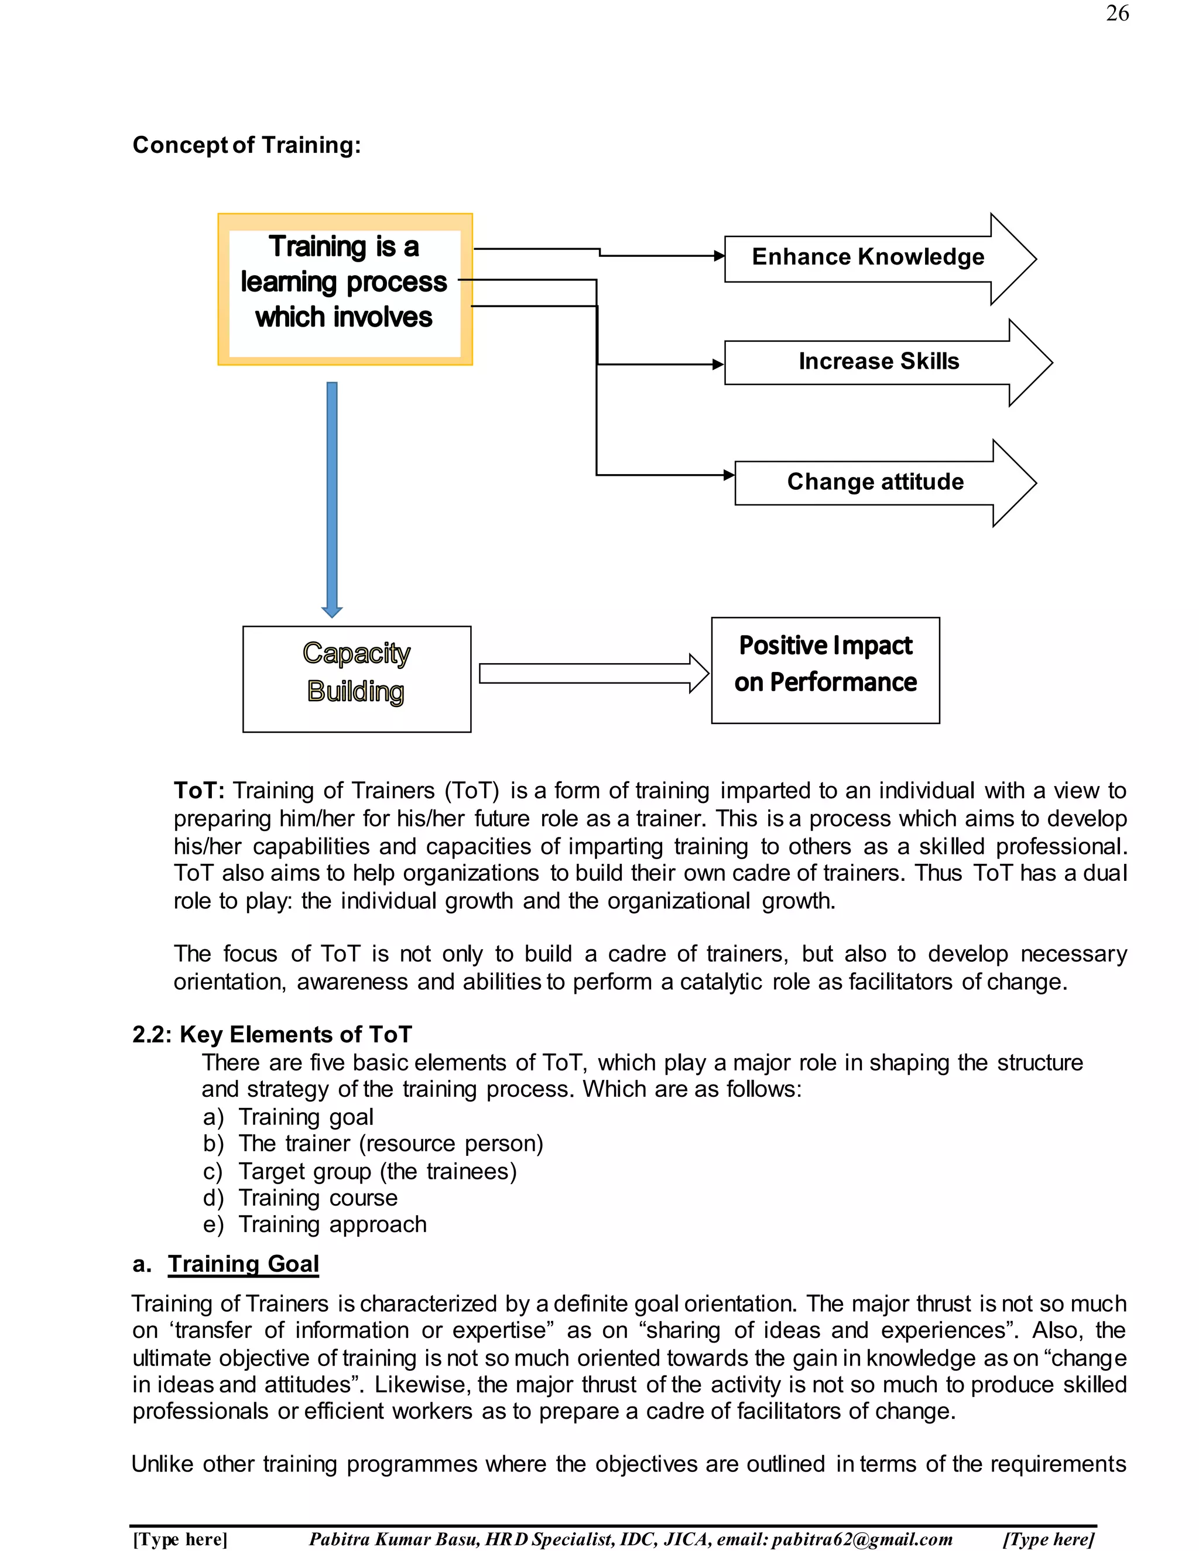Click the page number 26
click(x=1117, y=14)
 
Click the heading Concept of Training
click(x=246, y=146)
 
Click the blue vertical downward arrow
click(x=332, y=497)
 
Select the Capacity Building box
click(x=357, y=678)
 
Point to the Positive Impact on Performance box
click(x=825, y=670)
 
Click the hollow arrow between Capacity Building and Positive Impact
click(x=593, y=673)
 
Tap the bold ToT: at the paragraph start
click(x=199, y=790)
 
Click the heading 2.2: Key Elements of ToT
click(x=272, y=1034)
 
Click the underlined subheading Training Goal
click(x=243, y=1264)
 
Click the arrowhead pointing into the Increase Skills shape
click(x=718, y=364)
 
